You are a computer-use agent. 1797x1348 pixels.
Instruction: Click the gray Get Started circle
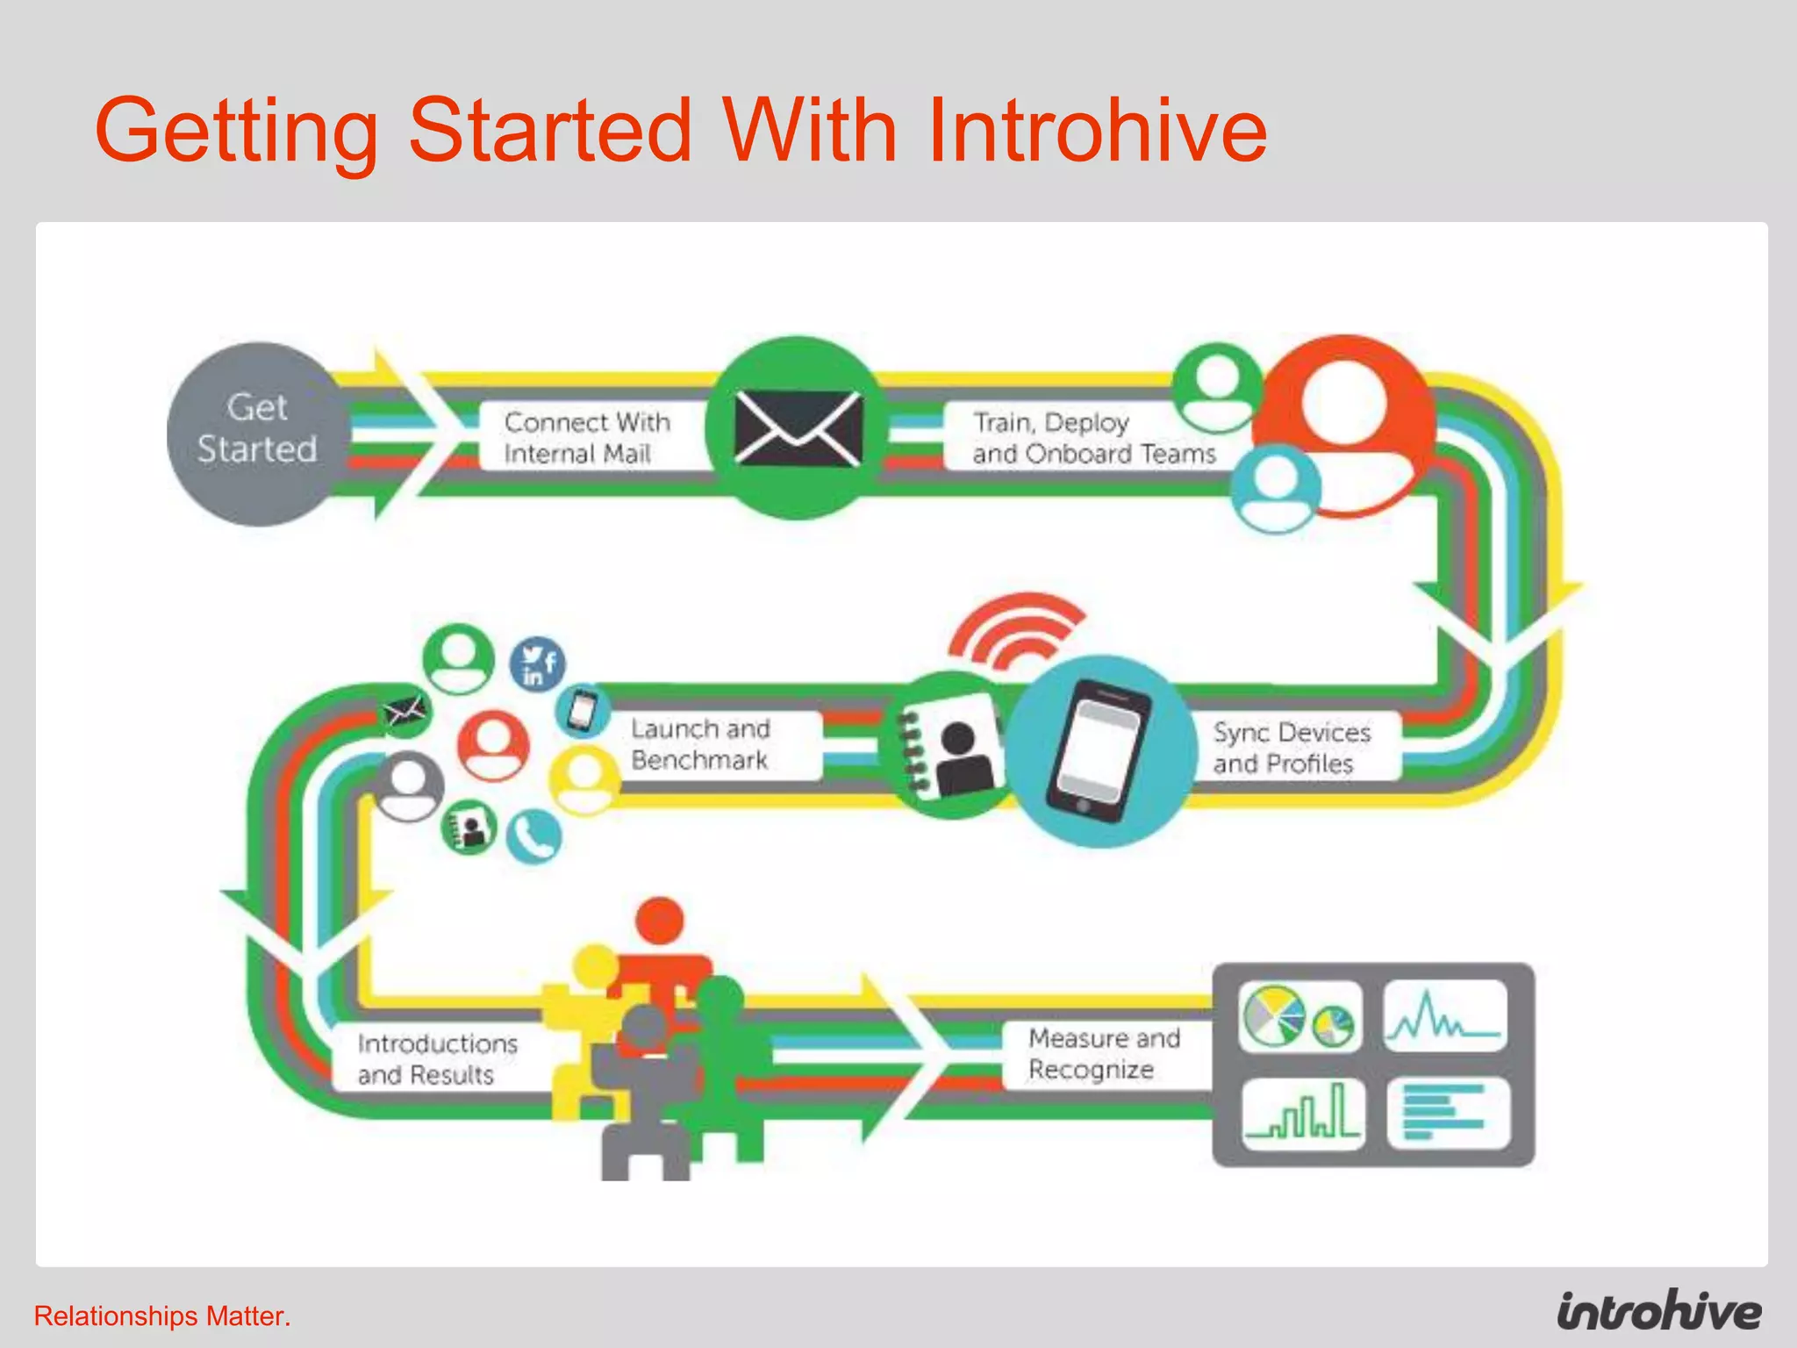[256, 434]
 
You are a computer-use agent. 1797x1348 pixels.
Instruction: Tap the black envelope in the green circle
[798, 428]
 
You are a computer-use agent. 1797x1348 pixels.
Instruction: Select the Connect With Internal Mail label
[586, 437]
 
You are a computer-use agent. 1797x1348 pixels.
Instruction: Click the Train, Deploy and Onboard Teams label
[1092, 437]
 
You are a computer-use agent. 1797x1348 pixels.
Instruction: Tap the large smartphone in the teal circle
[1099, 751]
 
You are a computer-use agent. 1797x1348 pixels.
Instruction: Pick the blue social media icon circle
[537, 664]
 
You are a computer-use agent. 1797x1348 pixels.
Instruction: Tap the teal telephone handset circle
[534, 836]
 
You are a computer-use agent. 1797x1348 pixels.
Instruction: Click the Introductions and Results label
[437, 1058]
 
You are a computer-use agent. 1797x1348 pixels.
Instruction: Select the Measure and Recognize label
[1104, 1053]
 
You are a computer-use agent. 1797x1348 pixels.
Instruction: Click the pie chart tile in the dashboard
[1299, 1016]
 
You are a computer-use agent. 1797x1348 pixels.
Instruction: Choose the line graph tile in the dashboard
[1445, 1016]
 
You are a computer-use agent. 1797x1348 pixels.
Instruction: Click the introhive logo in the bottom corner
[1658, 1311]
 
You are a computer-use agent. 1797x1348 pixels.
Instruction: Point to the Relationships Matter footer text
[162, 1316]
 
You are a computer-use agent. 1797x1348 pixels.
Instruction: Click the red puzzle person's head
[660, 921]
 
